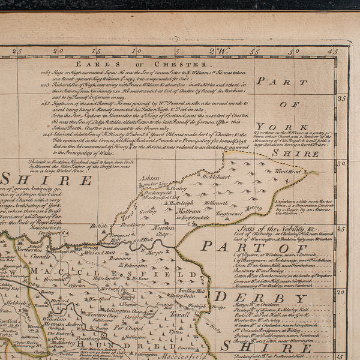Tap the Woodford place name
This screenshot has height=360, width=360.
click(100, 298)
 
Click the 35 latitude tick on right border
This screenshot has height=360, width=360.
click(342, 98)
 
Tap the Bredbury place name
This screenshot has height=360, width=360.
click(130, 225)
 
